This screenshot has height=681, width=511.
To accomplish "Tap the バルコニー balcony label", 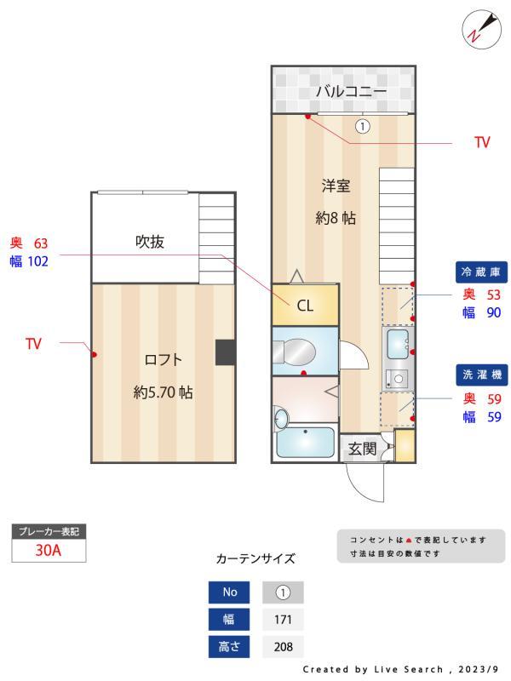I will click(351, 91).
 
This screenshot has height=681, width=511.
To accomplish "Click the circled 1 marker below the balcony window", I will click(362, 126).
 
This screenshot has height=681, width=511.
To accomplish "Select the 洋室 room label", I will click(336, 186).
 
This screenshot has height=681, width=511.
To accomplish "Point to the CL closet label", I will click(305, 306).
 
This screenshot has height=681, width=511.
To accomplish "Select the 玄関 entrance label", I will click(363, 449).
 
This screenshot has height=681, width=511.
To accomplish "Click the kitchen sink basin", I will click(398, 345).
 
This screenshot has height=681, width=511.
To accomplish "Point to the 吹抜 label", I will click(149, 242).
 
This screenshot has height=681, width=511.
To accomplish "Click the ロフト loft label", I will click(163, 359).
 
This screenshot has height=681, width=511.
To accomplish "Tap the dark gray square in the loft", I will click(225, 352).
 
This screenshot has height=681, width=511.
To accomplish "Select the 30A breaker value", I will click(49, 551).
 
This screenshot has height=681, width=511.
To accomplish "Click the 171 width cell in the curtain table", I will click(283, 620).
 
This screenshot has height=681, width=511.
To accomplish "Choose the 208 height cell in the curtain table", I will click(283, 647).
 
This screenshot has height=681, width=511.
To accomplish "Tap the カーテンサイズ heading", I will click(255, 559).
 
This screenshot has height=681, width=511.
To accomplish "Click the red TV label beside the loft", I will click(33, 344).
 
